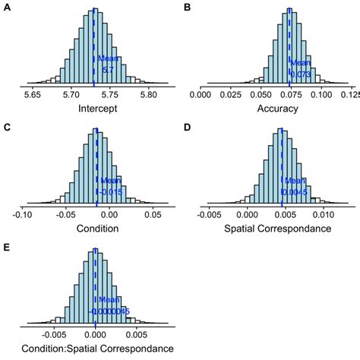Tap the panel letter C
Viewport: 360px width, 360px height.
tap(7, 126)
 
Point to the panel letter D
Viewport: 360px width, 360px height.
tap(188, 126)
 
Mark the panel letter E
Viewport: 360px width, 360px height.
tap(7, 247)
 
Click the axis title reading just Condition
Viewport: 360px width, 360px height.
tap(97, 229)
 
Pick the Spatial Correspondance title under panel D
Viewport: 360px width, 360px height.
tap(277, 229)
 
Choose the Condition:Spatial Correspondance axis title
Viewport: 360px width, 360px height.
tap(97, 349)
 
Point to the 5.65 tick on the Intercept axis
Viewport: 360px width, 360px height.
tap(33, 96)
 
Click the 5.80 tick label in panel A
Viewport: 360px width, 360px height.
tap(148, 96)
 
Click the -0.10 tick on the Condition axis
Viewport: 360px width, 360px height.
tap(25, 216)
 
